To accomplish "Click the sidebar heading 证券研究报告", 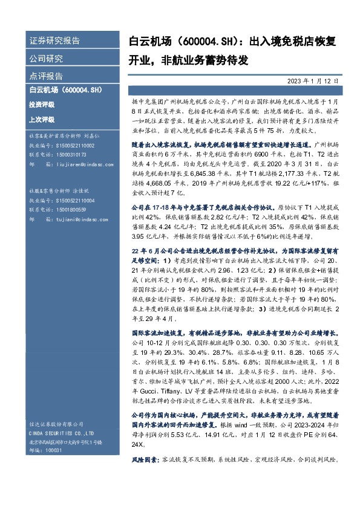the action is pyautogui.click(x=54, y=41).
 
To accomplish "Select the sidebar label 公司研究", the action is pyautogui.click(x=46, y=59).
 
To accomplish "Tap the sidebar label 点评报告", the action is pyautogui.click(x=46, y=76).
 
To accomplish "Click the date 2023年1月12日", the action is pyautogui.click(x=313, y=80).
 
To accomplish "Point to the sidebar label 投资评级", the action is pyautogui.click(x=41, y=105).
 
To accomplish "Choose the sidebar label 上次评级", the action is pyautogui.click(x=41, y=119).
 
